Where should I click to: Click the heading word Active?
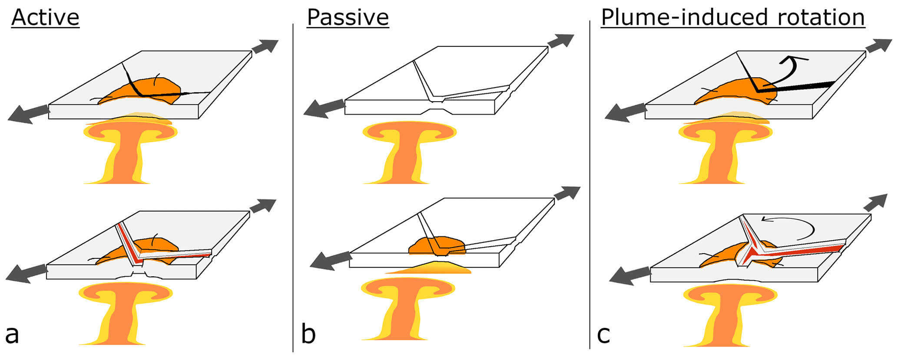tap(45, 18)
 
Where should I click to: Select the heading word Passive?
tap(348, 18)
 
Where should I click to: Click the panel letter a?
tap(12, 335)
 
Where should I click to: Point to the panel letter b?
tap(308, 335)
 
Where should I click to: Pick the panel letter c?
tap(603, 335)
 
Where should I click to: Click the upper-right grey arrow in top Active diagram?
tap(264, 46)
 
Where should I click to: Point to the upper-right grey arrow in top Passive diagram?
tap(560, 41)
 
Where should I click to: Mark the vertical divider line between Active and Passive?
tap(293, 187)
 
